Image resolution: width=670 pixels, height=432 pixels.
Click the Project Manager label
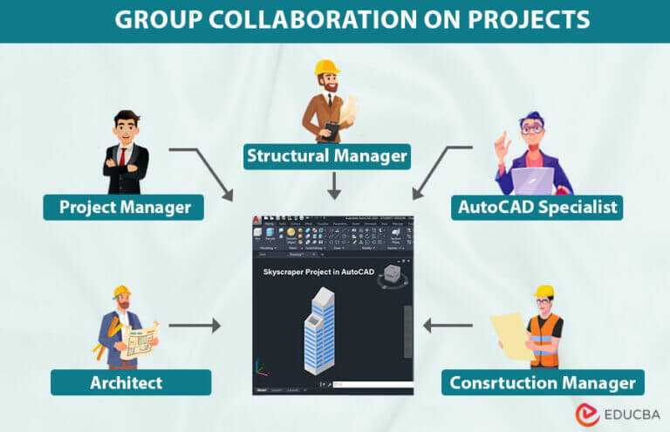click(124, 208)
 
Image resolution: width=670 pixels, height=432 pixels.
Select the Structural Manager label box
click(326, 156)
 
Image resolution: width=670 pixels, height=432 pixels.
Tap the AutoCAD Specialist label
click(538, 208)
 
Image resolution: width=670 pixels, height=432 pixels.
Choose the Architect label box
click(130, 382)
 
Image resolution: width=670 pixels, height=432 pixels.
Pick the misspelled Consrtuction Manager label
click(543, 382)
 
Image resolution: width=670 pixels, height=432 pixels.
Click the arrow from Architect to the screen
click(195, 326)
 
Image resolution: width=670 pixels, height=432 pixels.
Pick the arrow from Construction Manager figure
click(448, 326)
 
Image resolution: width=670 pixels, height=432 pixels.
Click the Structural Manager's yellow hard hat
click(326, 68)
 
